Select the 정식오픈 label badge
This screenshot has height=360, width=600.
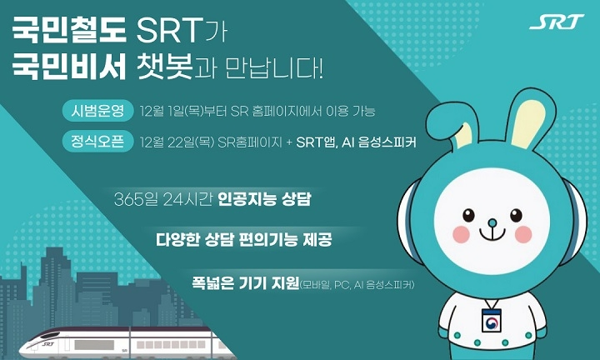point(97,142)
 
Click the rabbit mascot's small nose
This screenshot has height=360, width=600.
point(492,222)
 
